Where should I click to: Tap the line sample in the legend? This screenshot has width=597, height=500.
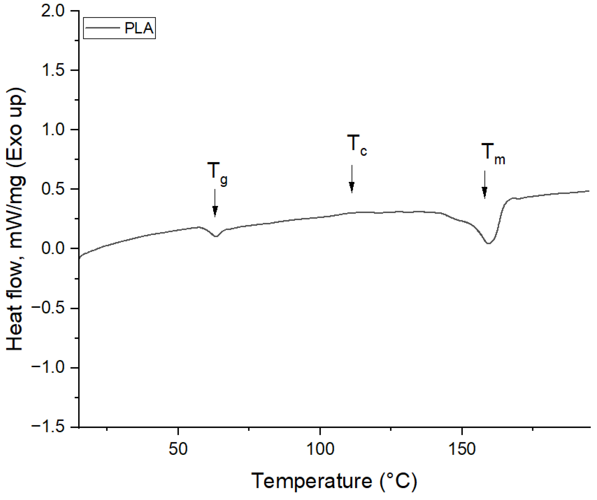pyautogui.click(x=102, y=28)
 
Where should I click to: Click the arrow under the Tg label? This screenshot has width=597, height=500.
pyautogui.click(x=215, y=203)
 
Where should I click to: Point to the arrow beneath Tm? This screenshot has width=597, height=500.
pyautogui.click(x=485, y=185)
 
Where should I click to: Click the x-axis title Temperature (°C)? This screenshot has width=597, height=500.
pyautogui.click(x=334, y=481)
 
